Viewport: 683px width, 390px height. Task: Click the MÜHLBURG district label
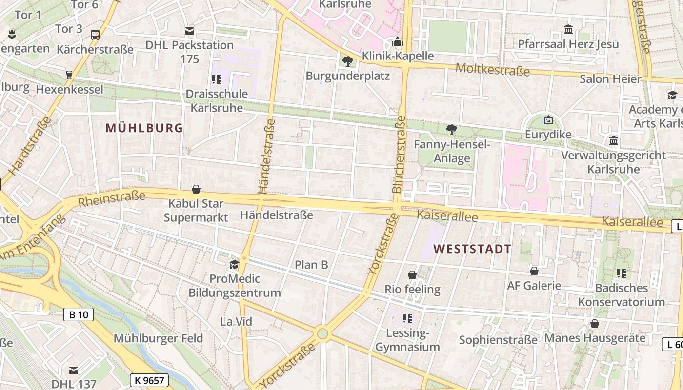[144, 128]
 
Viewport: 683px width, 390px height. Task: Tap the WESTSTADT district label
[472, 249]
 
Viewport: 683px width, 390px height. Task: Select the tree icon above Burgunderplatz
[347, 61]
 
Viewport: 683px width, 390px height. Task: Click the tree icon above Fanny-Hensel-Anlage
[452, 130]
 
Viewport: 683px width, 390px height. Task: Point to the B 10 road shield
[78, 314]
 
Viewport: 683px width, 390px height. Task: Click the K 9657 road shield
[149, 380]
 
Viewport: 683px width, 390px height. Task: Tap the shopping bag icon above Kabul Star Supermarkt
[196, 189]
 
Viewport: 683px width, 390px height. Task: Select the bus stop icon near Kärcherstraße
[95, 35]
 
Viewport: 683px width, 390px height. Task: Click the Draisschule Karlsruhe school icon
[216, 79]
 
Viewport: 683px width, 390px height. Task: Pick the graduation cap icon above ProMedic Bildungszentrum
[235, 264]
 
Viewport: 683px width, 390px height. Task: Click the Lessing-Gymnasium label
[407, 340]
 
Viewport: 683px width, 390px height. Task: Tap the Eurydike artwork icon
[548, 120]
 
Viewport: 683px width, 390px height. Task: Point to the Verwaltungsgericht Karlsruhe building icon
[614, 141]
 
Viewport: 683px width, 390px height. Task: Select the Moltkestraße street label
[492, 69]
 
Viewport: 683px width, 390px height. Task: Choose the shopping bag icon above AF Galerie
[534, 271]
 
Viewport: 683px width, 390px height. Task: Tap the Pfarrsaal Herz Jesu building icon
[568, 30]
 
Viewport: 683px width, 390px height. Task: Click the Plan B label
[311, 265]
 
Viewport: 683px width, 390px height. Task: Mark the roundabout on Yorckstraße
[322, 334]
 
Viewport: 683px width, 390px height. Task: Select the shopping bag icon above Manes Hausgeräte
[594, 324]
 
